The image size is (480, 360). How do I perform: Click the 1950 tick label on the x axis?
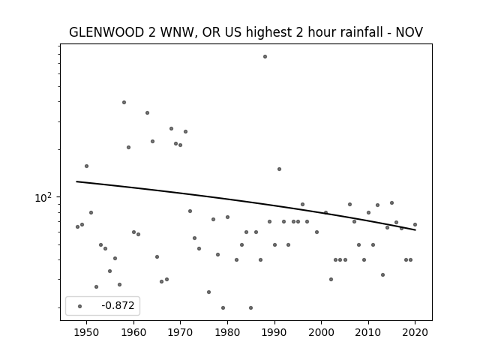click(87, 332)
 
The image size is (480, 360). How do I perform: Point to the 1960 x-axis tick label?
click(133, 332)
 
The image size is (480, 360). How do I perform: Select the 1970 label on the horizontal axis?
click(180, 332)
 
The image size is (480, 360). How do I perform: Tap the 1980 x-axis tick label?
click(227, 332)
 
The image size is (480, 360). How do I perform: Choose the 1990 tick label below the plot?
click(274, 332)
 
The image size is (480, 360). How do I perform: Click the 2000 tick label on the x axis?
click(322, 332)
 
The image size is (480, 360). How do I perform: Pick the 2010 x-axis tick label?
click(368, 332)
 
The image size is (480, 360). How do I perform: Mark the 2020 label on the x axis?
click(415, 332)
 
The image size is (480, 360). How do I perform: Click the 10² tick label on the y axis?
click(42, 198)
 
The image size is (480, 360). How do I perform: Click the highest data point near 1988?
click(265, 57)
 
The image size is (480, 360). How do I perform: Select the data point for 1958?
click(124, 102)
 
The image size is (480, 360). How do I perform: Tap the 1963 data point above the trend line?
click(147, 113)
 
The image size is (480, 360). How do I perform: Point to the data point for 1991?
click(279, 169)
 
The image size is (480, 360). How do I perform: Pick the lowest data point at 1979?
click(223, 308)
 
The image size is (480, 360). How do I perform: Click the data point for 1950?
click(87, 166)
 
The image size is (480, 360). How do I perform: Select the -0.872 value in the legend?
click(118, 305)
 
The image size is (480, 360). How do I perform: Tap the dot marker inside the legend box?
click(80, 306)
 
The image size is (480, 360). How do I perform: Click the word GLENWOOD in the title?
click(106, 32)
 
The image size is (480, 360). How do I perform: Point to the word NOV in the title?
click(409, 32)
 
